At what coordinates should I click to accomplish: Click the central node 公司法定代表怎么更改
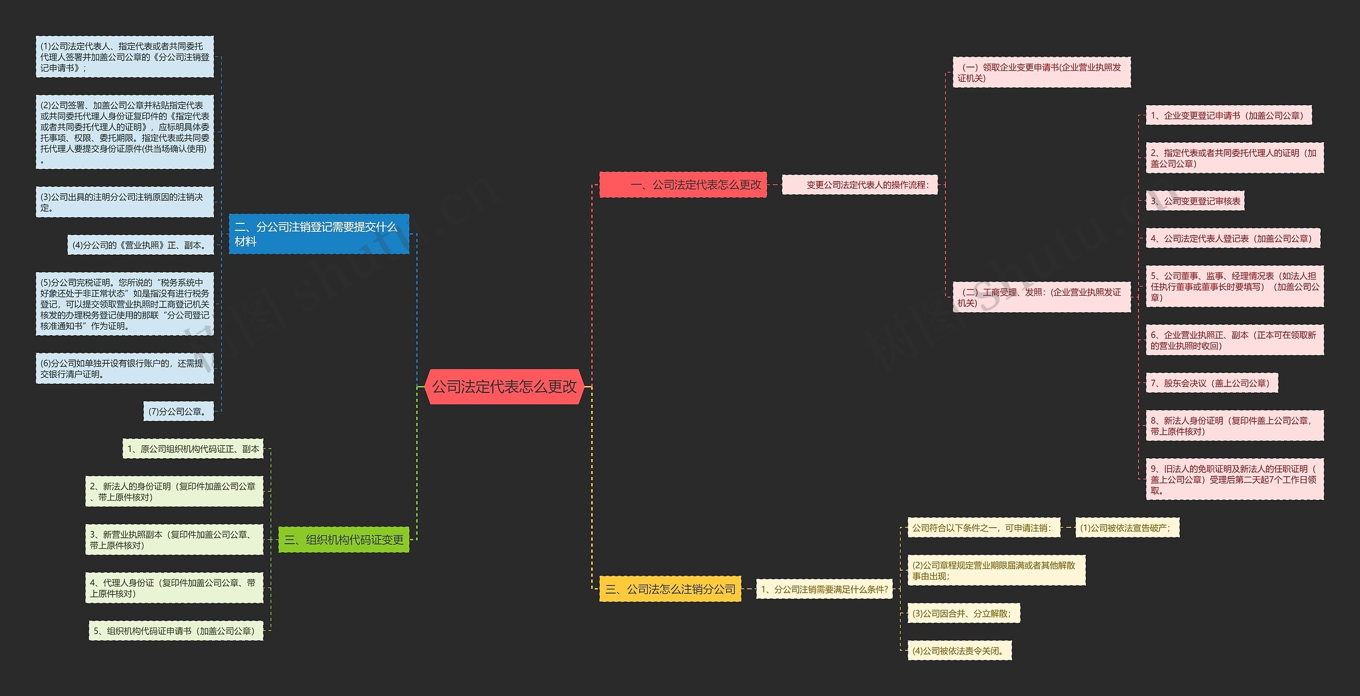tap(504, 386)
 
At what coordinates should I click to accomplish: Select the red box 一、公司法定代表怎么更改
tap(683, 185)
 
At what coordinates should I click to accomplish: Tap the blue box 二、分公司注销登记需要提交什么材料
tap(319, 234)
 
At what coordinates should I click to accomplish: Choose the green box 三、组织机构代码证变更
tap(344, 540)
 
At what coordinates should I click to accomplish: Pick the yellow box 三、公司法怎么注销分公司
tap(670, 589)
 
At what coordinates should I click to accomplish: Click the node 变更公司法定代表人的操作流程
tap(860, 185)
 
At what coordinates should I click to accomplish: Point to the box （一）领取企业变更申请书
tap(1041, 73)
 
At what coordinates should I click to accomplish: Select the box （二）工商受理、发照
tap(1041, 297)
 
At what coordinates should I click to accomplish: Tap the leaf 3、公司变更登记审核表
tap(1195, 201)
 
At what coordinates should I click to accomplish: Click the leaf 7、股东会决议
tap(1211, 383)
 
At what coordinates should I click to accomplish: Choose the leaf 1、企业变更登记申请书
tap(1228, 116)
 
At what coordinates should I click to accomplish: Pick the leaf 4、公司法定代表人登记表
tap(1232, 239)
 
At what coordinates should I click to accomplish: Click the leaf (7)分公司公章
tap(178, 411)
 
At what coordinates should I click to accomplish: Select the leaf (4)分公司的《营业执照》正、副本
tap(140, 245)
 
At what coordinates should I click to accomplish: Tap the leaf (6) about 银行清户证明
tap(124, 368)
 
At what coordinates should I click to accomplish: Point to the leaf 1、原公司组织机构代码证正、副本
tap(193, 449)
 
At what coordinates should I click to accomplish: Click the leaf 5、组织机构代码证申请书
tap(176, 631)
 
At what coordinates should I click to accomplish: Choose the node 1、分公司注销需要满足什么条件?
tap(824, 589)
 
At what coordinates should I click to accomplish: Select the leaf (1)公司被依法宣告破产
tap(1127, 528)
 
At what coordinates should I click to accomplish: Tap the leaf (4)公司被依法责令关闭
tap(959, 651)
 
